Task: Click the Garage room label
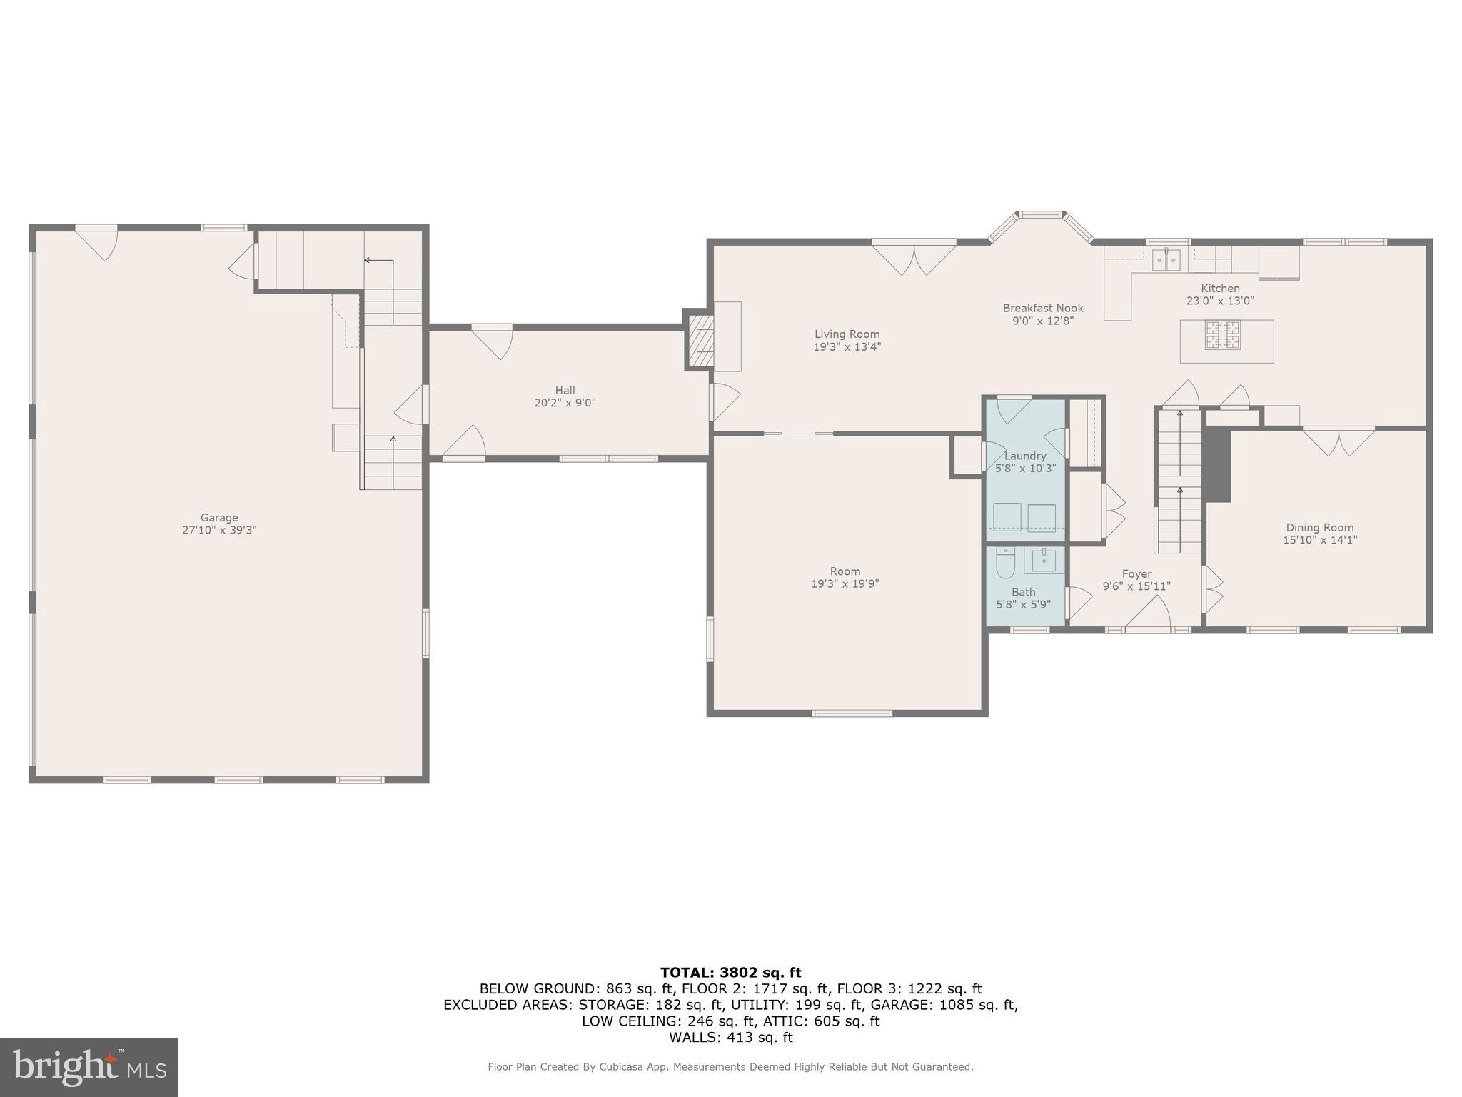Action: [x=218, y=517]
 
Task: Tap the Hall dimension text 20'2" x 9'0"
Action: [x=565, y=403]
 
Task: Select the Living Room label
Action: [x=847, y=334]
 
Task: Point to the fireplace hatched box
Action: [x=700, y=340]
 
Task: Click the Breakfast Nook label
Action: [x=1042, y=308]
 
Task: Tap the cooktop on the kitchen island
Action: [x=1222, y=335]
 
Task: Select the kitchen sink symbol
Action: [x=1166, y=260]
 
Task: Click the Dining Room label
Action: [x=1319, y=527]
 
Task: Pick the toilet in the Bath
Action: [x=1005, y=563]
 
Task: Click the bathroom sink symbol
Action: [x=1044, y=561]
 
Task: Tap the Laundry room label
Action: [x=1025, y=456]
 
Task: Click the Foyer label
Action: [x=1136, y=573]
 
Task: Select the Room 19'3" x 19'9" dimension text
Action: [x=845, y=583]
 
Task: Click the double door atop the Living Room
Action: [x=914, y=259]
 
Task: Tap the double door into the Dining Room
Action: [x=1339, y=441]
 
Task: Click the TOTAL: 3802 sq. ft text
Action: [x=730, y=972]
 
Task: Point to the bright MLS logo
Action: [x=89, y=1066]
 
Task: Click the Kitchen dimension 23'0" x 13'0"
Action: [x=1220, y=301]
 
